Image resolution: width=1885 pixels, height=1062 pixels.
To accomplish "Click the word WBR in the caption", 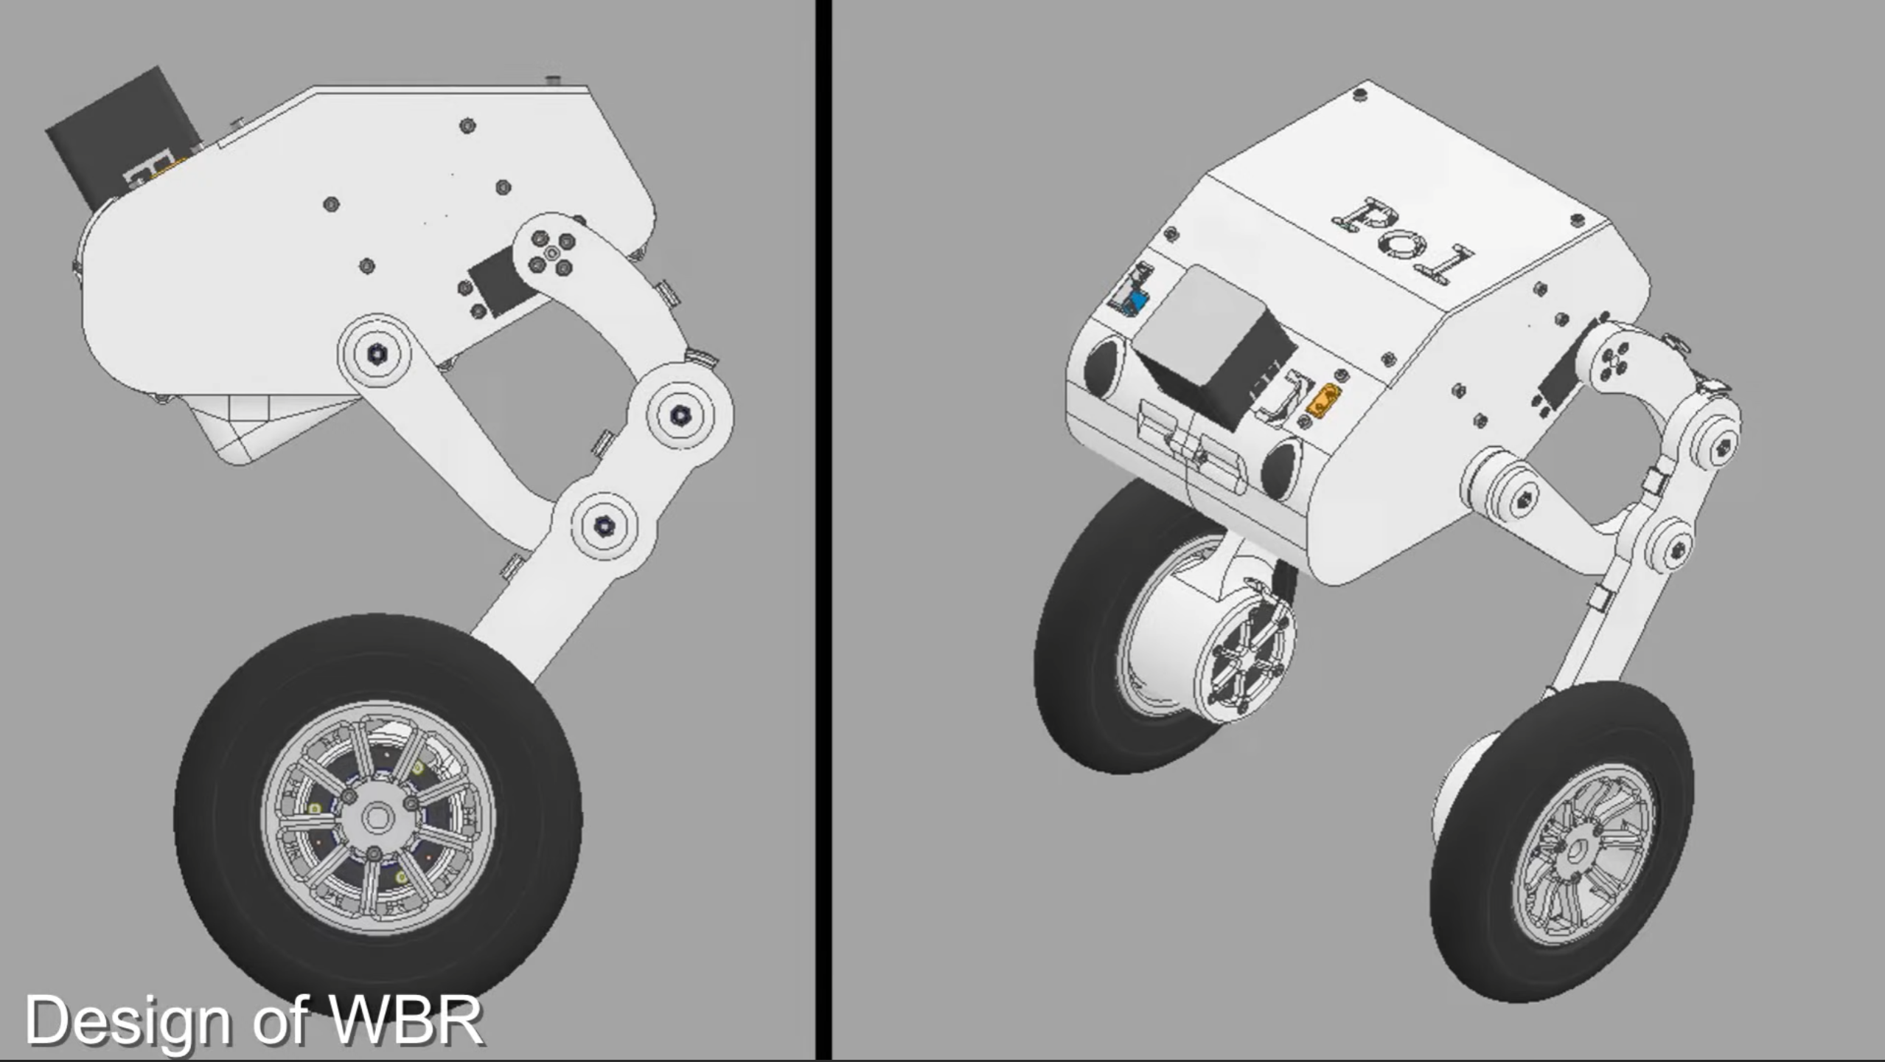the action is pos(406,1020).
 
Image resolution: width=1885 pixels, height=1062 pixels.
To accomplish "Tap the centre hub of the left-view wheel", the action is pos(377,817).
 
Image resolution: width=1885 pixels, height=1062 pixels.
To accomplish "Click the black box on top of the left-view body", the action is pos(125,137).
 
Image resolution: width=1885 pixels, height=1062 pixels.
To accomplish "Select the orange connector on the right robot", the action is pos(1323,399).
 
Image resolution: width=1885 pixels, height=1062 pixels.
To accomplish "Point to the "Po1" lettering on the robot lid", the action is pos(1401,240).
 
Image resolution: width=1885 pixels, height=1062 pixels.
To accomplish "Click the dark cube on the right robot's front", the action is pos(1213,347).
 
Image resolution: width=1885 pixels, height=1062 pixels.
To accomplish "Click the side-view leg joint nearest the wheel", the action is pos(604,526).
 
